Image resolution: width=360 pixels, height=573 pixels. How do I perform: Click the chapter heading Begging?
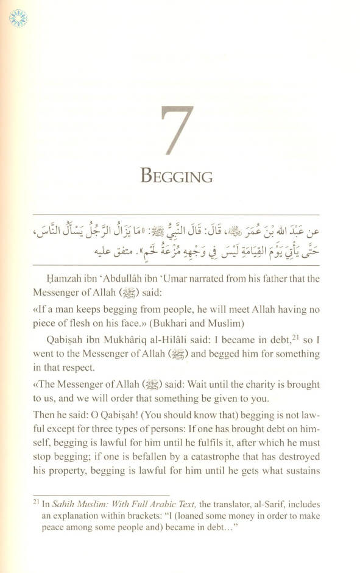(177, 177)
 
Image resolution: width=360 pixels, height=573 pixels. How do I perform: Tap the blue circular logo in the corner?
(18, 18)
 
